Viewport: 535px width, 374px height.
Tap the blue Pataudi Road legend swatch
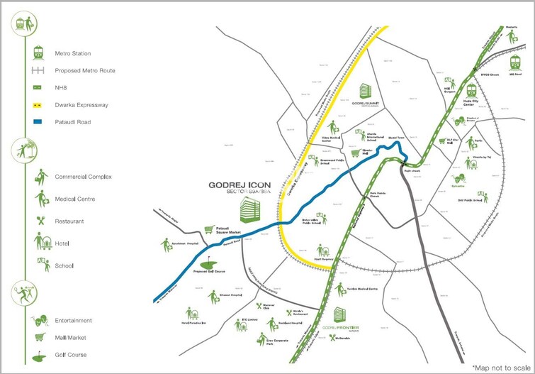pos(38,122)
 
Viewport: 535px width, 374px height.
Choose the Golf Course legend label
pos(71,355)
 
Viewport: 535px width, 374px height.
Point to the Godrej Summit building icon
pos(366,92)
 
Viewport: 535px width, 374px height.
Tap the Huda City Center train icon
pos(471,90)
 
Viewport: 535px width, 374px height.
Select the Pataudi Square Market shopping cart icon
pos(209,230)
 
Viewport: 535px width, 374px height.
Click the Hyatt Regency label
pos(322,260)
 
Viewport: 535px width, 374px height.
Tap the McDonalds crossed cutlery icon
pos(332,336)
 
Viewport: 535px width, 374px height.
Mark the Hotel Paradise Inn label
pos(193,323)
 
